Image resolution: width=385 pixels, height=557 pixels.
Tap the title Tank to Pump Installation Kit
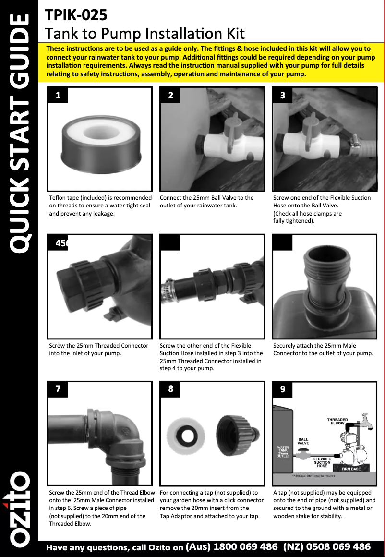tap(144, 34)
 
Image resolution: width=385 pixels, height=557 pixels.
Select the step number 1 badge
tap(58, 95)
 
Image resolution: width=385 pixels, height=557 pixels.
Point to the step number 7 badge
tap(58, 389)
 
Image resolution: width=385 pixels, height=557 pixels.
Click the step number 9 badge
tap(283, 389)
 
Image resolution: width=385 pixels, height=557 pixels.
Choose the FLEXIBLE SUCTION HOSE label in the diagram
tap(322, 462)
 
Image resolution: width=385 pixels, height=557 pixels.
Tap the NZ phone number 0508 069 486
tap(338, 546)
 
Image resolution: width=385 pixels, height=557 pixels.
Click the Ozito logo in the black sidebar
tap(18, 509)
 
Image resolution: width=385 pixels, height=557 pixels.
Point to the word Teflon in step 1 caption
tap(58, 198)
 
